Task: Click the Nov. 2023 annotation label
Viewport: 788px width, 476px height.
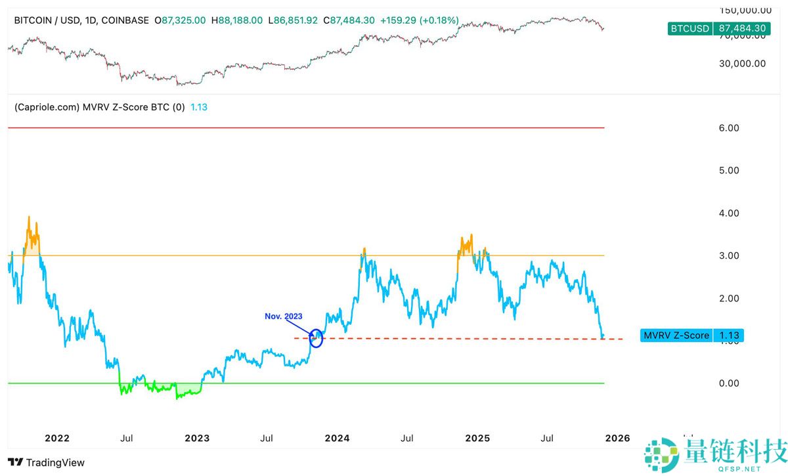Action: coord(284,316)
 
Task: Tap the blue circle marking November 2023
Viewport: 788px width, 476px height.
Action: coord(317,338)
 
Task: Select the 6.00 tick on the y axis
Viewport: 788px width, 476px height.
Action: coord(729,128)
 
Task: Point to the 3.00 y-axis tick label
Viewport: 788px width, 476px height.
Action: coord(729,255)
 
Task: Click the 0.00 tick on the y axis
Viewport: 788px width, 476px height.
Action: coord(729,383)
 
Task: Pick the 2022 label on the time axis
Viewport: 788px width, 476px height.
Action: coord(56,438)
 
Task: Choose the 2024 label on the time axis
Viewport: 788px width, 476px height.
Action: coord(337,438)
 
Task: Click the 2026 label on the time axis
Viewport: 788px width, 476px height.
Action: coord(617,438)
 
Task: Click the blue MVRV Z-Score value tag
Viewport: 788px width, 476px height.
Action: coord(692,335)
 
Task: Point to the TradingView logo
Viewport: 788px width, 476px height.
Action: coord(47,463)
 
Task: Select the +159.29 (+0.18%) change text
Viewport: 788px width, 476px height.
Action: coord(420,20)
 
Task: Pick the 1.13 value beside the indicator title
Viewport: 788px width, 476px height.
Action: coord(199,106)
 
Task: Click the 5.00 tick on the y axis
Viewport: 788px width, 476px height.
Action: coord(729,170)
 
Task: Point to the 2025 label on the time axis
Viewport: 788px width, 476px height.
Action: coord(477,438)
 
